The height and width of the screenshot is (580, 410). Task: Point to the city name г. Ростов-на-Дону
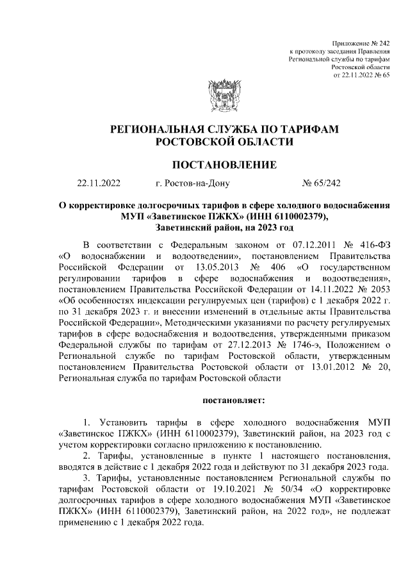pyautogui.click(x=192, y=183)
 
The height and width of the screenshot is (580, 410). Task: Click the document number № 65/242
pyautogui.click(x=321, y=183)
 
